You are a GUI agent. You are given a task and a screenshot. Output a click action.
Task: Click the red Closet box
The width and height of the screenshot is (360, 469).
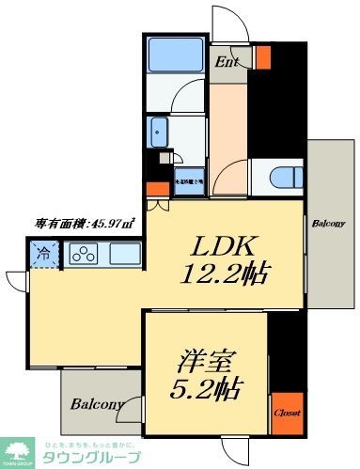pyautogui.click(x=286, y=412)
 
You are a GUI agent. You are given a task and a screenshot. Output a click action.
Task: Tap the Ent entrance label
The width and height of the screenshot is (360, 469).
pyautogui.click(x=227, y=62)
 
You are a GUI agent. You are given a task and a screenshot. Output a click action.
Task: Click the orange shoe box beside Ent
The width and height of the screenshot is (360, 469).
pyautogui.click(x=262, y=58)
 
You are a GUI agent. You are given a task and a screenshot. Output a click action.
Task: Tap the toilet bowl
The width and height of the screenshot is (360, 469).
pyautogui.click(x=279, y=177)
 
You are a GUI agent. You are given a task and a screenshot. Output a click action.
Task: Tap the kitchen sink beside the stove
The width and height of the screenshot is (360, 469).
pyautogui.click(x=123, y=253)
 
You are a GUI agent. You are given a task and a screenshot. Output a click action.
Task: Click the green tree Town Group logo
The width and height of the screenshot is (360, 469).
pyautogui.click(x=17, y=450)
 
